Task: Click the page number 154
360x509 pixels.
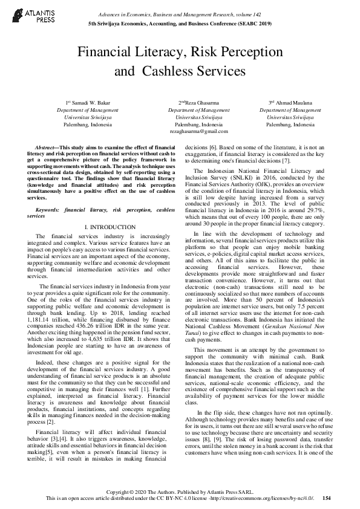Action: click(x=327, y=498)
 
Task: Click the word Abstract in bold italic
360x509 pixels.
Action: click(x=46, y=147)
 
